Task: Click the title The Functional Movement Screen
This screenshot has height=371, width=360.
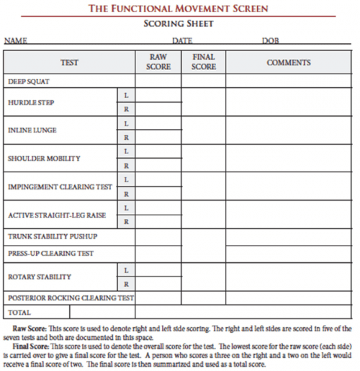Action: tap(178, 9)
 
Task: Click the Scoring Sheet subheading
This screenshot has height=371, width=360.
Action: tap(178, 23)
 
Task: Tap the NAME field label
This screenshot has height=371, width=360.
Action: tap(16, 41)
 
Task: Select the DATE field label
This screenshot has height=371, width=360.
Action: tap(181, 41)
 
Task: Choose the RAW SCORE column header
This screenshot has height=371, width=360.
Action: tap(158, 62)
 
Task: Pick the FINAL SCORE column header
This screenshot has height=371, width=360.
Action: tap(204, 62)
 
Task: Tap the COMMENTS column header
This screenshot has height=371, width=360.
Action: tap(289, 63)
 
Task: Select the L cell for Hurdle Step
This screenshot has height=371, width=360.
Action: tap(126, 96)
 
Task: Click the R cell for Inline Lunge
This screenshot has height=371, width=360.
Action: tap(126, 137)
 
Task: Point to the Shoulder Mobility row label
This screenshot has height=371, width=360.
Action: tap(44, 158)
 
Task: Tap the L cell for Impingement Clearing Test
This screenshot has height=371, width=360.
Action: tap(126, 179)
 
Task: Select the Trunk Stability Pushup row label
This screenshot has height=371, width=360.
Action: tap(52, 236)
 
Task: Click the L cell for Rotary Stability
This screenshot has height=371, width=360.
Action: tap(126, 269)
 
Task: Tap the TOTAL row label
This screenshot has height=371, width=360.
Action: tap(19, 313)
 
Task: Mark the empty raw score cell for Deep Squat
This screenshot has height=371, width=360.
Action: tap(158, 81)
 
